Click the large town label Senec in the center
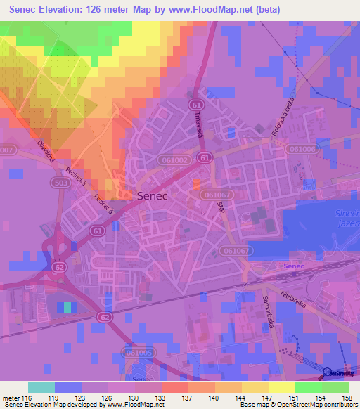[152, 197]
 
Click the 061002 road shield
[173, 160]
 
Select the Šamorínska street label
[268, 303]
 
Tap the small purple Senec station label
[294, 267]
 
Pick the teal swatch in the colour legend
[41, 387]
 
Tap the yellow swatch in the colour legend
[281, 387]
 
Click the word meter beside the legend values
[11, 398]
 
